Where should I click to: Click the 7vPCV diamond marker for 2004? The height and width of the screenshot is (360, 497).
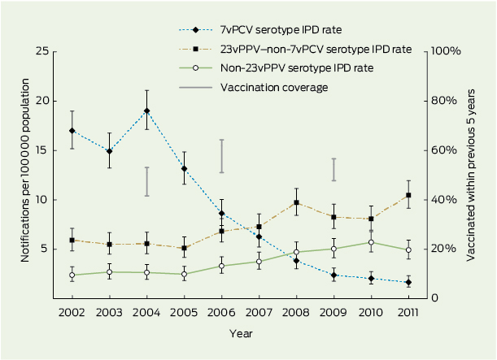(146, 111)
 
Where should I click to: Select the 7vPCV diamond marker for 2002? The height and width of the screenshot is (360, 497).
(72, 131)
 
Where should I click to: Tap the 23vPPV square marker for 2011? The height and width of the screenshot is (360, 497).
(408, 195)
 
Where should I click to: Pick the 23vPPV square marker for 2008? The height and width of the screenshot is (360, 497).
(297, 202)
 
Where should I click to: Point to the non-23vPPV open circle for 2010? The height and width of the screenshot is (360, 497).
(371, 242)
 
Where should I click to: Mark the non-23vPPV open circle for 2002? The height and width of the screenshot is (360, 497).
(72, 275)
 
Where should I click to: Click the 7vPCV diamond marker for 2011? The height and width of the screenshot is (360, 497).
(408, 282)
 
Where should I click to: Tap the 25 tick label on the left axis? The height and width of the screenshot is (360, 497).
(41, 51)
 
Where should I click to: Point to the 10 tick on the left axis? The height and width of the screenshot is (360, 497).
(41, 199)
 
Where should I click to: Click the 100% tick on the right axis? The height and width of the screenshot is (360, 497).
(447, 51)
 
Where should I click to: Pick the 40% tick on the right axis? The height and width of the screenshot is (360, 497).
(446, 199)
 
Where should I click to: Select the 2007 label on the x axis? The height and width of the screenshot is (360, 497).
(259, 312)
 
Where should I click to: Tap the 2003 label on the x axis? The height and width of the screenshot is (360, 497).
(110, 312)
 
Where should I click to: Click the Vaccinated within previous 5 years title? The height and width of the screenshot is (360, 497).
(472, 174)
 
